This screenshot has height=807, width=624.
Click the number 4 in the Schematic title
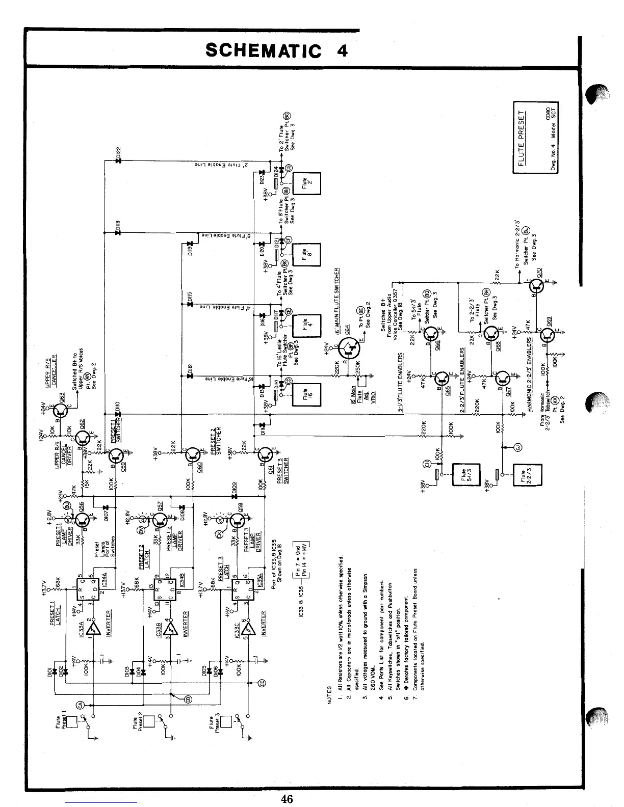[x=342, y=50]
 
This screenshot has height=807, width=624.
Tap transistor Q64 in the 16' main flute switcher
[x=348, y=348]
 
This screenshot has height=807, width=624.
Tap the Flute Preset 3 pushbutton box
[x=227, y=722]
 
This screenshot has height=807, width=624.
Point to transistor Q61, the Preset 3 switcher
[x=266, y=453]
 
